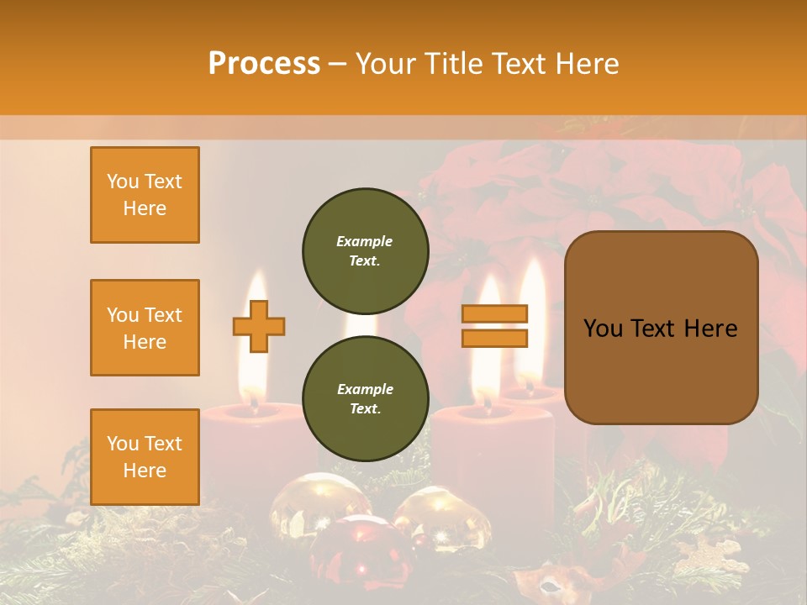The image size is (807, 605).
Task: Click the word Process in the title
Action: (x=264, y=64)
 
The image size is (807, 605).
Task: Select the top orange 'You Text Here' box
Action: (x=145, y=195)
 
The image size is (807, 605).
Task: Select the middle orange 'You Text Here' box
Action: (x=145, y=328)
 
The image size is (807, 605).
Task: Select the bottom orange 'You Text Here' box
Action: (x=145, y=457)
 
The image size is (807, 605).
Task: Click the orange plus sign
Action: (x=259, y=326)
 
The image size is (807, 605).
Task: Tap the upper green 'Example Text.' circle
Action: (x=365, y=250)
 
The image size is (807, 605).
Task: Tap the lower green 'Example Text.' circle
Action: (x=365, y=398)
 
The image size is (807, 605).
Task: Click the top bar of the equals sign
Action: (x=494, y=313)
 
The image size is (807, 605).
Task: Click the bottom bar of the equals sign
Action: (x=494, y=338)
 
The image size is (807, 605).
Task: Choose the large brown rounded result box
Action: (x=661, y=328)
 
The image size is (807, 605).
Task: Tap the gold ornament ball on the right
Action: (x=441, y=517)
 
